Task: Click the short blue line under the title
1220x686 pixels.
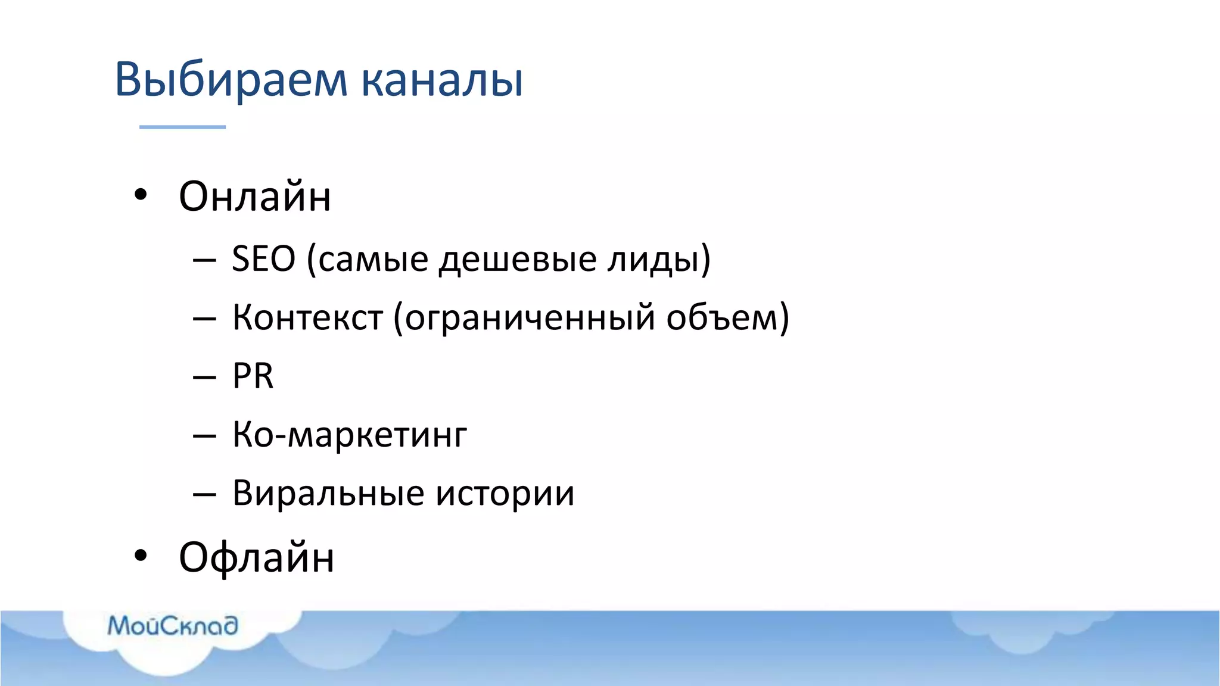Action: [x=182, y=127]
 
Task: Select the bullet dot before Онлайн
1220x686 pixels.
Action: [x=140, y=195]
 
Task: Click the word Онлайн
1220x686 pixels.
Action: [x=254, y=197]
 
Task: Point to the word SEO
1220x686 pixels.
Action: [x=263, y=259]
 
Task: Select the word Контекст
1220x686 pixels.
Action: [x=307, y=317]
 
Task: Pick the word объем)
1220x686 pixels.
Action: [x=727, y=317]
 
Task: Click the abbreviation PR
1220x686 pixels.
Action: [x=253, y=376]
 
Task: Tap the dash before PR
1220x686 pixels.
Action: [x=204, y=378]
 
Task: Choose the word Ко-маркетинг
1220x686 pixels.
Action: [x=350, y=435]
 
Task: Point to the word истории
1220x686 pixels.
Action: [x=505, y=494]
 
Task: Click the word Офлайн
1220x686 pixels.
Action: [x=256, y=557]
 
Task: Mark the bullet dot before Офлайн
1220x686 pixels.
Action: [x=140, y=556]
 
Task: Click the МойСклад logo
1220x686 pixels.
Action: [x=173, y=626]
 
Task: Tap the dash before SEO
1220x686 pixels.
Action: [x=204, y=260]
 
